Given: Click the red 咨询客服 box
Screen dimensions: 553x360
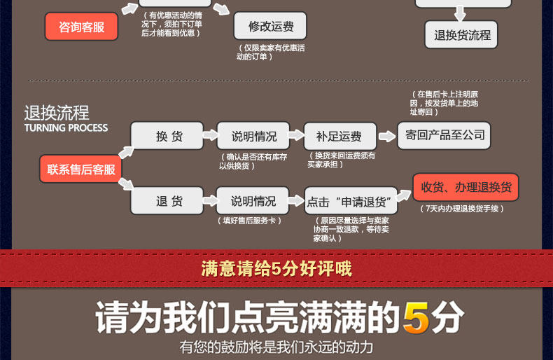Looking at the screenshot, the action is coord(81,27).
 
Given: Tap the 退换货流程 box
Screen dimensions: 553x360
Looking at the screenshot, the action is coord(462,34).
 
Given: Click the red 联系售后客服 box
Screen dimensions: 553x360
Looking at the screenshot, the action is coord(81,169).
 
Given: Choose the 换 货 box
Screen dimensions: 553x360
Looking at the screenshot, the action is coord(168,136).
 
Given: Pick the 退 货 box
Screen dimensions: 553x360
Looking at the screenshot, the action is coord(168,201).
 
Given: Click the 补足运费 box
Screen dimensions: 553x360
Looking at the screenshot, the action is coord(339,136).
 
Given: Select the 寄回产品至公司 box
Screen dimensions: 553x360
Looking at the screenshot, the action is coord(444,134).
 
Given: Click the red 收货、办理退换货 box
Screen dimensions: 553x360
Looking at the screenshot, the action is coord(465,187).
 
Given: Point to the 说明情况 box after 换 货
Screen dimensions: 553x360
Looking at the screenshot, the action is coord(253,136).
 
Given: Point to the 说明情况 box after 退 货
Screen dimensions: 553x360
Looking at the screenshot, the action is coord(253,201).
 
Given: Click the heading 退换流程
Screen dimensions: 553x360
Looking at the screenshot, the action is coord(57,113).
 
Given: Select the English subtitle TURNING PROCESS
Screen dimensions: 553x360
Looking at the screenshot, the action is coord(66,127).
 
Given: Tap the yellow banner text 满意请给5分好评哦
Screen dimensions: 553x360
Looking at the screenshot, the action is coord(276,268).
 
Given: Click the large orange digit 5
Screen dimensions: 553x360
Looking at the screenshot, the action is coord(416,318).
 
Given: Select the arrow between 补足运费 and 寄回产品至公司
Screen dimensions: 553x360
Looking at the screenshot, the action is coord(387,137).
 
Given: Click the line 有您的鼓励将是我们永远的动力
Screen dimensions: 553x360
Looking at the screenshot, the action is coord(276,347).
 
